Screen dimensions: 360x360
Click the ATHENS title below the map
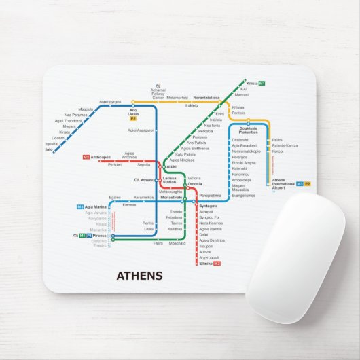[x=140, y=276]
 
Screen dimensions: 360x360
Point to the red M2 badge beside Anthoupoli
[x=86, y=158]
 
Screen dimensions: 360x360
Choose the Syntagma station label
[x=208, y=205]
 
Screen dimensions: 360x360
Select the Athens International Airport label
[x=284, y=183]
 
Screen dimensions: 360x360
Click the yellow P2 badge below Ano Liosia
[x=133, y=119]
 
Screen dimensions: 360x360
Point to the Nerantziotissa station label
[x=206, y=98]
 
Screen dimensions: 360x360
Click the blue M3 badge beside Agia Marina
[x=80, y=206]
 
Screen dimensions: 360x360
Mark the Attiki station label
[x=171, y=166]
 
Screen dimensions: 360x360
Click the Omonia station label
[x=195, y=184]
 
